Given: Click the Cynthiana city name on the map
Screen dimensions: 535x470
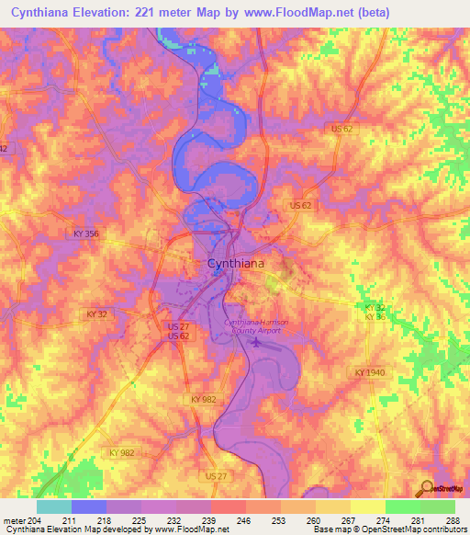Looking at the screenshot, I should (237, 263).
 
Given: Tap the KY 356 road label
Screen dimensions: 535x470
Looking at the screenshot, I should (84, 234).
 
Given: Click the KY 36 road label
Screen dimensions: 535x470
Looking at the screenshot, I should (373, 315).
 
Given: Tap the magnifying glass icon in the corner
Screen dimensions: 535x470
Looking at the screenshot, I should (429, 489).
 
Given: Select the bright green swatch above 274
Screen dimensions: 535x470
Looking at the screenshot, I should (402, 507).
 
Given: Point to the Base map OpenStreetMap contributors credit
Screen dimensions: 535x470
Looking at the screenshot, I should (386, 529).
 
